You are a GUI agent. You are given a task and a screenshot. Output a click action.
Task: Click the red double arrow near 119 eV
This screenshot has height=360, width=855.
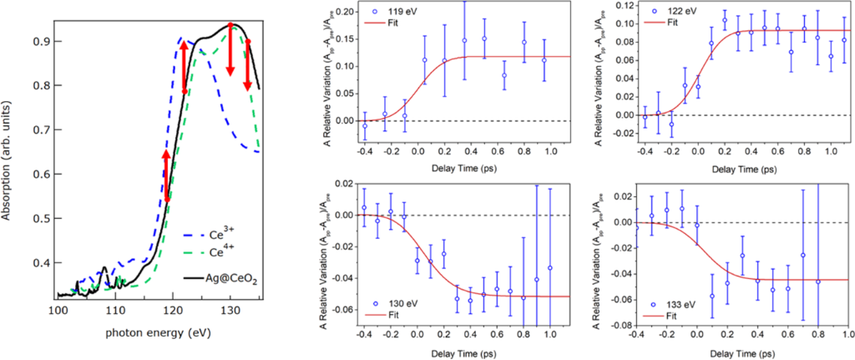166,175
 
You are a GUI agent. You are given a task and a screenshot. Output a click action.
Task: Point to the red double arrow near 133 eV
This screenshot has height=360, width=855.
248,64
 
